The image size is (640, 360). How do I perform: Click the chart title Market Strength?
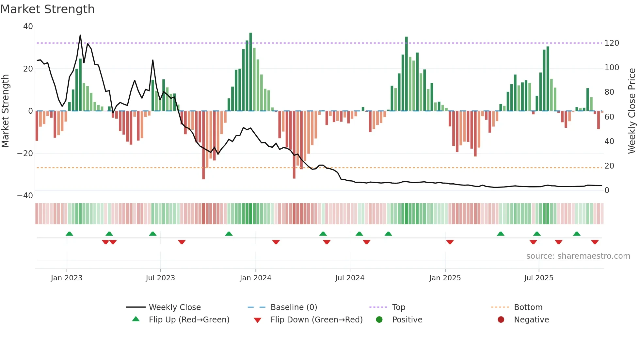[x=47, y=9]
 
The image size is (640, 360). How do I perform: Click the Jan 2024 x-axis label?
[x=255, y=278]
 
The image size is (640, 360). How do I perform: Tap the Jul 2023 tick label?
[x=160, y=278]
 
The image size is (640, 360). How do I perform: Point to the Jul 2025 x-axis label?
[x=538, y=278]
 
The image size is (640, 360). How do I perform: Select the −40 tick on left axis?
[x=25, y=196]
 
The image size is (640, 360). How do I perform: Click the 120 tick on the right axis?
[x=612, y=43]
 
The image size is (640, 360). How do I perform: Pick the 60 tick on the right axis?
[x=609, y=117]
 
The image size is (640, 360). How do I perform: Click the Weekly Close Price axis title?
[x=632, y=111]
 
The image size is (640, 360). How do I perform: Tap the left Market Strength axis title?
[x=6, y=111]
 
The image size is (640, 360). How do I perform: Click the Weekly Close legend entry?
[x=175, y=307]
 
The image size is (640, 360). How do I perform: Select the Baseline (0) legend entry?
[x=294, y=307]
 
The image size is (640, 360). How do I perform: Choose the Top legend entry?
[x=398, y=307]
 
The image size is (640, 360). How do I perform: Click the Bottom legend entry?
[x=528, y=307]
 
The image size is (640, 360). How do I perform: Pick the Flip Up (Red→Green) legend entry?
[x=189, y=320]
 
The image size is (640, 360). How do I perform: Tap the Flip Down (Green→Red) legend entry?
[x=316, y=320]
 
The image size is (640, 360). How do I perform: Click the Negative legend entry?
[x=531, y=320]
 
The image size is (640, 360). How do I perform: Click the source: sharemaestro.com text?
[x=578, y=256]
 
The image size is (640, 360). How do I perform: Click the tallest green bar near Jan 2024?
[x=250, y=72]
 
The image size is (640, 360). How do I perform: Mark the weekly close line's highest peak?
[x=80, y=35]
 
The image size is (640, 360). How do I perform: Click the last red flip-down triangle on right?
[x=595, y=242]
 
